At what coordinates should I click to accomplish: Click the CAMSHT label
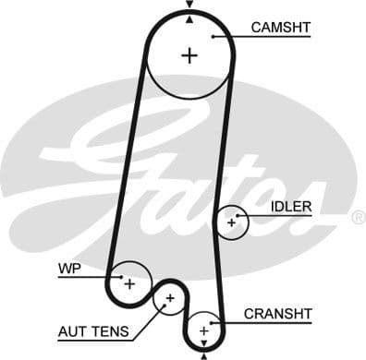tap(280, 28)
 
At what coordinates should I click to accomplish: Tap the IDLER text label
tap(291, 206)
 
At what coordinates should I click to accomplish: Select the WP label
tap(69, 269)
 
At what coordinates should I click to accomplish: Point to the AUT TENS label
tap(92, 330)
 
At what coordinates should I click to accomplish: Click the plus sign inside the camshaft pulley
tap(189, 55)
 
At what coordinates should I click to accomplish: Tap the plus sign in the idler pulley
tap(231, 222)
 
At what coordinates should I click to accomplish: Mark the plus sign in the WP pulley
tap(129, 282)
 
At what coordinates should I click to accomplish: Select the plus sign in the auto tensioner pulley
tap(170, 298)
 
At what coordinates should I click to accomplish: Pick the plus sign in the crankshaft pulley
tap(202, 330)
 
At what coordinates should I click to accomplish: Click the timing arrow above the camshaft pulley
tap(189, 5)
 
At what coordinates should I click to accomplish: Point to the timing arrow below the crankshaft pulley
tap(202, 354)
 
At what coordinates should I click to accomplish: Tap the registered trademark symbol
tap(358, 218)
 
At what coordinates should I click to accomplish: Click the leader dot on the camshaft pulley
tap(213, 36)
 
